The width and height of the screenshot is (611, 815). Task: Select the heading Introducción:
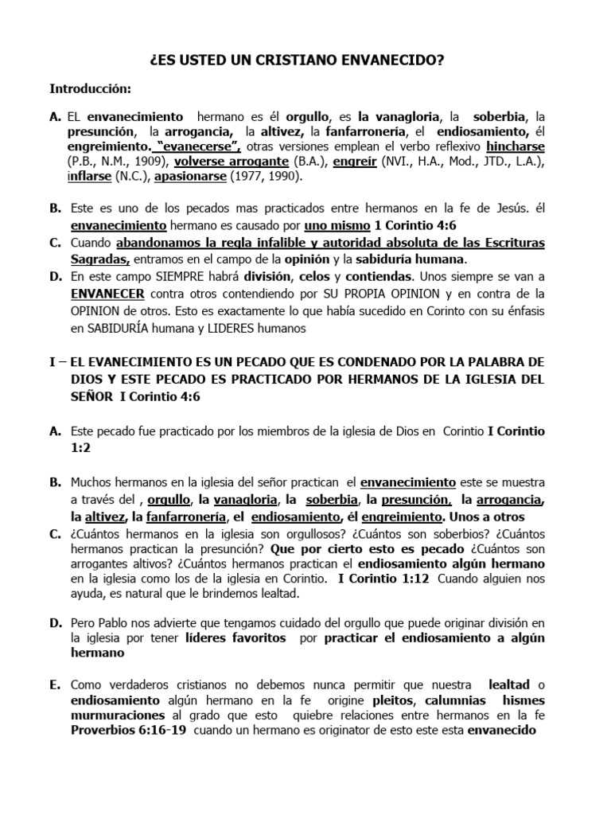(x=91, y=88)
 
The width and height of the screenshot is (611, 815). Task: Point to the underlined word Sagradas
(x=99, y=259)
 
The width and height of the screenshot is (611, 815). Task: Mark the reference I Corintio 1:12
(x=383, y=578)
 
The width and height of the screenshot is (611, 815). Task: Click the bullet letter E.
(x=54, y=684)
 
